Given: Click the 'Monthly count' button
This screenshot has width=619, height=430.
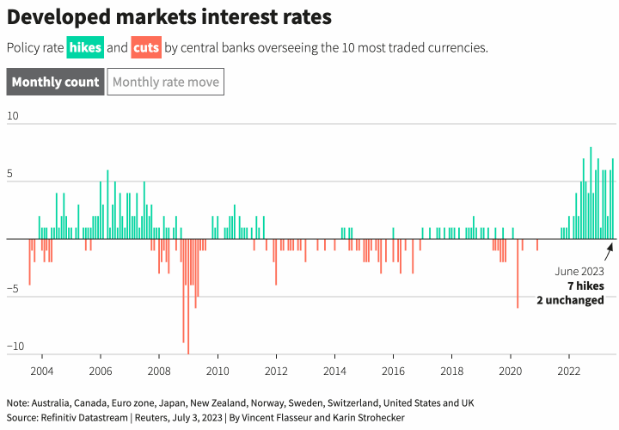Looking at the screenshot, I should click(55, 83).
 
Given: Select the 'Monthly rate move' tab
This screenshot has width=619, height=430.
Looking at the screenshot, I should click(166, 83).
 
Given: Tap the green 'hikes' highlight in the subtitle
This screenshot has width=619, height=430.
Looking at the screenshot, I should click(84, 47).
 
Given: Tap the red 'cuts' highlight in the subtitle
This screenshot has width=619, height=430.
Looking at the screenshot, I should click(146, 47).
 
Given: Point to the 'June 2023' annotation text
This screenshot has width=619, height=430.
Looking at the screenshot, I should click(580, 270).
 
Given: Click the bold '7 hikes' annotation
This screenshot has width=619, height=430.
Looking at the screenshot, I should click(585, 285).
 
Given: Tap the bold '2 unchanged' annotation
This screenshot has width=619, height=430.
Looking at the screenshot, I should click(570, 299).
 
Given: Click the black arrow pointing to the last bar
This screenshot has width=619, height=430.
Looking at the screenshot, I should click(609, 252).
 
